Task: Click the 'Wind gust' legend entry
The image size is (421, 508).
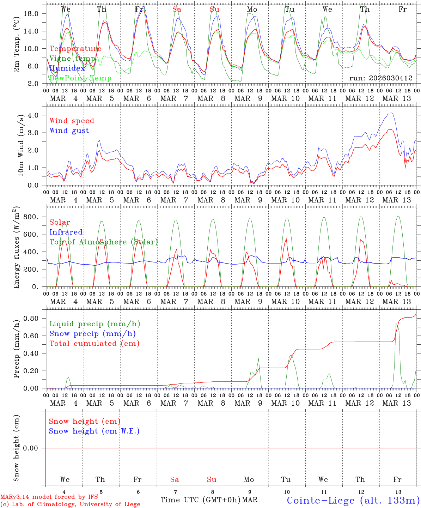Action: tap(69, 131)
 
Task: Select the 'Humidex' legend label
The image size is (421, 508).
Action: tap(67, 68)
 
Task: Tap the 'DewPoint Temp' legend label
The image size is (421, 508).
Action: tap(80, 78)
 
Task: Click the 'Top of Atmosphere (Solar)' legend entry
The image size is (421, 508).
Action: tap(103, 242)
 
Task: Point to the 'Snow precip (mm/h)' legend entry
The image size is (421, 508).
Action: tap(92, 334)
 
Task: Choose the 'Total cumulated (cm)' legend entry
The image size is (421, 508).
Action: tap(94, 343)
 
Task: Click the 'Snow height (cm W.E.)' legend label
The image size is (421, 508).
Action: tap(94, 431)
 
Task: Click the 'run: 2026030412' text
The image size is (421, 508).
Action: tap(380, 78)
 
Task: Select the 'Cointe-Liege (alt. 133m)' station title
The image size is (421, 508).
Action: tap(353, 500)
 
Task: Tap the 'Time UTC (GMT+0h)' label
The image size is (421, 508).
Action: tap(201, 500)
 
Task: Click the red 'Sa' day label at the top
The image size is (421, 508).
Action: tap(177, 10)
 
